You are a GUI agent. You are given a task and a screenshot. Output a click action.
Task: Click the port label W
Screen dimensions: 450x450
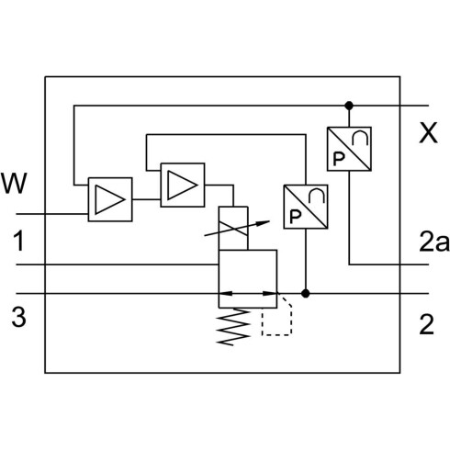(x=14, y=184)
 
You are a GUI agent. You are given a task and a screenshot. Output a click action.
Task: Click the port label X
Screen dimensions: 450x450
(x=428, y=133)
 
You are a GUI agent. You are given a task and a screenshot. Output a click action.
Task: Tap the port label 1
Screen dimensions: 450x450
(x=18, y=241)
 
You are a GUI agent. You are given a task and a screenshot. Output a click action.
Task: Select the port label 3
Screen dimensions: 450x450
(x=18, y=317)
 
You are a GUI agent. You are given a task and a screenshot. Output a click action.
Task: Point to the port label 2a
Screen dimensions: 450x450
(x=434, y=242)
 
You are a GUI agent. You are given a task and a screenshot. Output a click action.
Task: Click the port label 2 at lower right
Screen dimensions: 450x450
(x=427, y=324)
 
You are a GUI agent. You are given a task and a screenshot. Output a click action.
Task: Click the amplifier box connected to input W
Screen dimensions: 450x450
(x=110, y=199)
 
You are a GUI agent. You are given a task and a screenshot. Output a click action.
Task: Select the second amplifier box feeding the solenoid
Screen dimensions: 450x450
(x=183, y=185)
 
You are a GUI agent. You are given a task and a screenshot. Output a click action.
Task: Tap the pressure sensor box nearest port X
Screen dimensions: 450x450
(x=349, y=149)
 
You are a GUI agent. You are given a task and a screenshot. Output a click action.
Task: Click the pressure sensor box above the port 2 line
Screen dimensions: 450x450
(x=306, y=207)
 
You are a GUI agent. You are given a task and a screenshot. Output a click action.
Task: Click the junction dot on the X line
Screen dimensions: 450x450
(x=349, y=106)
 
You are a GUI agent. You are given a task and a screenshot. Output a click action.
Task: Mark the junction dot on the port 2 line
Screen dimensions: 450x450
(x=305, y=294)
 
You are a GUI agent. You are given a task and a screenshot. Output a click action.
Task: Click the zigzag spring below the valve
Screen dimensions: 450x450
(x=233, y=327)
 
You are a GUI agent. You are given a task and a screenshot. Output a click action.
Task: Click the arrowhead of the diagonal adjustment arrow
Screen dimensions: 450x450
(x=263, y=222)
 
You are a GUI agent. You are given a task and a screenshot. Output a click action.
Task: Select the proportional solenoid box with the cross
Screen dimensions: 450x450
(x=233, y=229)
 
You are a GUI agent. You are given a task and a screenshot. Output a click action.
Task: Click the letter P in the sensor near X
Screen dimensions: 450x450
(x=339, y=159)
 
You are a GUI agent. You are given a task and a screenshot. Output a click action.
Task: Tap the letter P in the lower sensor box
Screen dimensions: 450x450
(x=296, y=217)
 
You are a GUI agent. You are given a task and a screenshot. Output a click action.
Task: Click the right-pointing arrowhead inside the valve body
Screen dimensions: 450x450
(x=270, y=294)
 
